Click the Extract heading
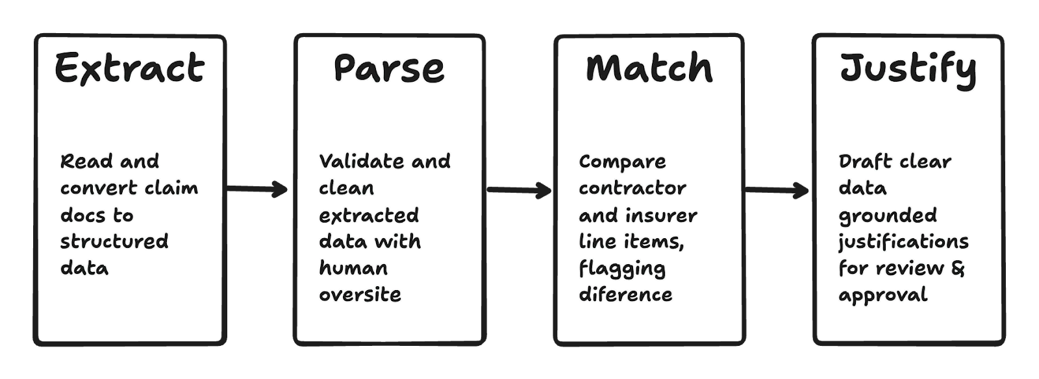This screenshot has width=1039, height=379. click(129, 67)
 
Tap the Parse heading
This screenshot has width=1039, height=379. click(389, 67)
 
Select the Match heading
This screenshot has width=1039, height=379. click(649, 67)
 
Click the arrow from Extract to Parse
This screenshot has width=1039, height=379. click(260, 189)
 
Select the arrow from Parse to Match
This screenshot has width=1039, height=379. click(519, 189)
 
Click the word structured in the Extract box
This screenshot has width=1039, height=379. click(114, 241)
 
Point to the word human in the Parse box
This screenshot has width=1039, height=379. click(353, 268)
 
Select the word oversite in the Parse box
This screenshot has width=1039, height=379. click(360, 295)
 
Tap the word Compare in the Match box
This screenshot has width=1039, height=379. click(622, 162)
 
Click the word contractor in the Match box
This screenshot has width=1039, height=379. click(632, 188)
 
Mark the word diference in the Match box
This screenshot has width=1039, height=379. click(625, 295)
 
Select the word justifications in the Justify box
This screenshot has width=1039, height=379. click(903, 242)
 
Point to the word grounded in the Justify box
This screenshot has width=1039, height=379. click(888, 215)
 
